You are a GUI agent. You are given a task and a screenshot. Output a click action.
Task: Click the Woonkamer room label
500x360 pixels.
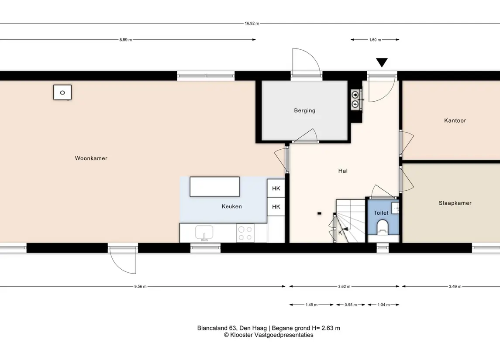[x=91, y=158]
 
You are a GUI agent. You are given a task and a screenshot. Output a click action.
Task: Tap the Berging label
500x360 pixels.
[x=304, y=110]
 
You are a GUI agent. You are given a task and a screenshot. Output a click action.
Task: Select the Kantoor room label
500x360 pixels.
[x=455, y=120]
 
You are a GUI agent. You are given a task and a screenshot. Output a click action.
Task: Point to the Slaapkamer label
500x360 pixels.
[x=455, y=203]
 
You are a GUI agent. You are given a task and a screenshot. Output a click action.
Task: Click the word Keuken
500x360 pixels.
[x=232, y=206]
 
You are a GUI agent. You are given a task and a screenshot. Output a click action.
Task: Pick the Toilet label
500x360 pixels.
[x=381, y=213]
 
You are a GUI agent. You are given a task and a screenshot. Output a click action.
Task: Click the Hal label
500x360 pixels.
[x=343, y=171]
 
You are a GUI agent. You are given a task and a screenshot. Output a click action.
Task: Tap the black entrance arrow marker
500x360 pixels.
[x=382, y=62]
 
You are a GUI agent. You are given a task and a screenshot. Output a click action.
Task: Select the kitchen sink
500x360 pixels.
[x=204, y=233]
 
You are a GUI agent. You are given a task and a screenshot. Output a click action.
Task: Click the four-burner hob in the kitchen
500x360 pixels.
[x=245, y=233]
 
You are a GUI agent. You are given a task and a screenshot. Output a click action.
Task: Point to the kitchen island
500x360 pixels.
[x=214, y=187]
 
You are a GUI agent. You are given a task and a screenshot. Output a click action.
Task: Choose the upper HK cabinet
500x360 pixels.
[x=276, y=188]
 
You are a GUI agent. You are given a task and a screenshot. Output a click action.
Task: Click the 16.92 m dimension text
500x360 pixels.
[x=252, y=23]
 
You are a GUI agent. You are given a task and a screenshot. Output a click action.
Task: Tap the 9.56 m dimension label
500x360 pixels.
[x=140, y=286]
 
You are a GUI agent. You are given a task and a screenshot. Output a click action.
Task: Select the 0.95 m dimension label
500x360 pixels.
[x=351, y=305]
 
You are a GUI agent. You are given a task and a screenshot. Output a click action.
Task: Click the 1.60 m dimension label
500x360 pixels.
[x=375, y=40]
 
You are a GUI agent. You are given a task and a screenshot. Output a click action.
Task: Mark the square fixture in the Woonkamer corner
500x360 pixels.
[x=62, y=93]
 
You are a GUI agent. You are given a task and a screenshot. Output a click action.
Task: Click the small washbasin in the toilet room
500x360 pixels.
[x=395, y=208]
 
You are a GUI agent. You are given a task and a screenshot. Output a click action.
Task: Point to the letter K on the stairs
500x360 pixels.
[x=340, y=233]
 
